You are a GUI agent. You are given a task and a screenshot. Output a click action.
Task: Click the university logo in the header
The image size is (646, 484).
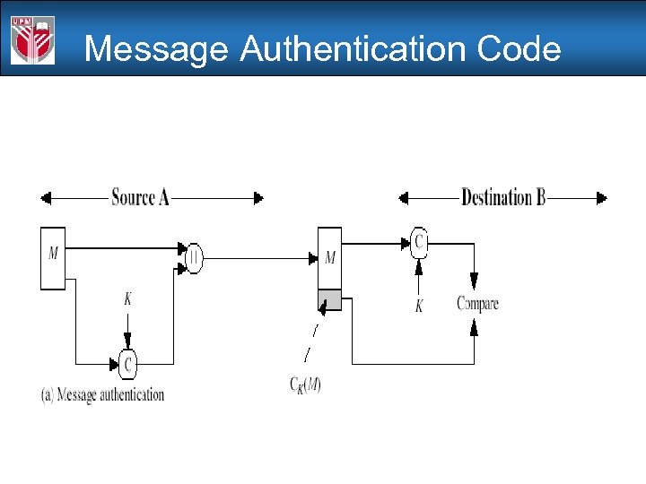pyautogui.click(x=33, y=40)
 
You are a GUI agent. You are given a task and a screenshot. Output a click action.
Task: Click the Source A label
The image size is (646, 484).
pyautogui.click(x=140, y=197)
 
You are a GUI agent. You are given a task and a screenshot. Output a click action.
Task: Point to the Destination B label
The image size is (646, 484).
pyautogui.click(x=502, y=197)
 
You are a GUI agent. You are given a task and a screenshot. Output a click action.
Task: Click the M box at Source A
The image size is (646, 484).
pyautogui.click(x=53, y=258)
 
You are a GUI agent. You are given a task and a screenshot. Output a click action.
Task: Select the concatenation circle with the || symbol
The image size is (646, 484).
pyautogui.click(x=194, y=258)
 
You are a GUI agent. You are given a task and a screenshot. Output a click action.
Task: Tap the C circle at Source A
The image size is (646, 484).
pyautogui.click(x=128, y=364)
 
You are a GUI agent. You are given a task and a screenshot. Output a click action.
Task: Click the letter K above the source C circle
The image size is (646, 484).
pyautogui.click(x=127, y=299)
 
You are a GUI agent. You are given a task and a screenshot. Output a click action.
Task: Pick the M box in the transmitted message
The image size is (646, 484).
pyautogui.click(x=329, y=258)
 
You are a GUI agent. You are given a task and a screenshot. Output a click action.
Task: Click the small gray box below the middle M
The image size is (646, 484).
pyautogui.click(x=329, y=300)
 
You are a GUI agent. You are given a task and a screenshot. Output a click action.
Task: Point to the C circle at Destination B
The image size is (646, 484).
pyautogui.click(x=418, y=240)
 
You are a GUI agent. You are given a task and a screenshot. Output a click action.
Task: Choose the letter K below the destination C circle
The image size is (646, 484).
pyautogui.click(x=418, y=307)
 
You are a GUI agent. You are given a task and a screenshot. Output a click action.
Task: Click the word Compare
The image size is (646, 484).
pyautogui.click(x=477, y=303)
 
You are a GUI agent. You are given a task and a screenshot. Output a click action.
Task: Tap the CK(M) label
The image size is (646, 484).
pyautogui.click(x=305, y=385)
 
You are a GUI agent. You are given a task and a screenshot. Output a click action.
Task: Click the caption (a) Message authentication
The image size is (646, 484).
pyautogui.click(x=102, y=393)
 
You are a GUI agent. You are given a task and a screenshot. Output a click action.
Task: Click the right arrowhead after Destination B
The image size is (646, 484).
pyautogui.click(x=601, y=197)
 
